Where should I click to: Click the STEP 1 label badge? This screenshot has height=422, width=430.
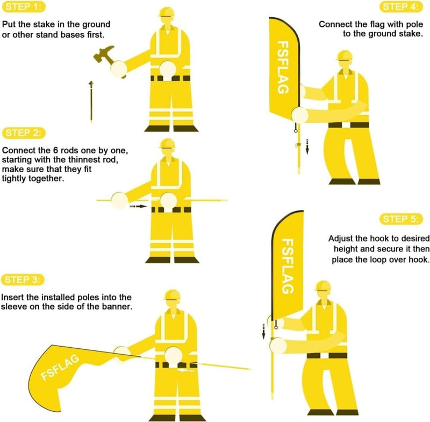24,7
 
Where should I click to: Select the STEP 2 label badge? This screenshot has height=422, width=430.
24,133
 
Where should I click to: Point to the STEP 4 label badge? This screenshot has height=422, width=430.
403,7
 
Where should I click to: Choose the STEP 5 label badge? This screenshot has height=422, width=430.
403,219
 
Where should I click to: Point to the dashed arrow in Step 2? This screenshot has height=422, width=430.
138,206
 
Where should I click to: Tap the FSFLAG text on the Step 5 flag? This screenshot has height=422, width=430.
288,267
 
